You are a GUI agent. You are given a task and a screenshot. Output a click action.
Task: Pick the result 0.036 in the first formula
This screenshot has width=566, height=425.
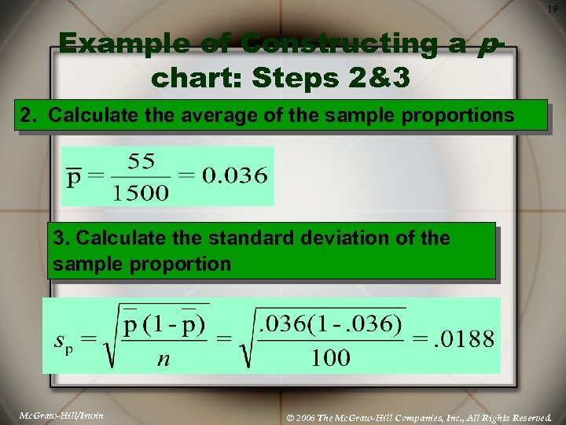click(x=233, y=176)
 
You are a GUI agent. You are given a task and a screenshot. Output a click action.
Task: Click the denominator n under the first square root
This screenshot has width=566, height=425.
click(x=164, y=358)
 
